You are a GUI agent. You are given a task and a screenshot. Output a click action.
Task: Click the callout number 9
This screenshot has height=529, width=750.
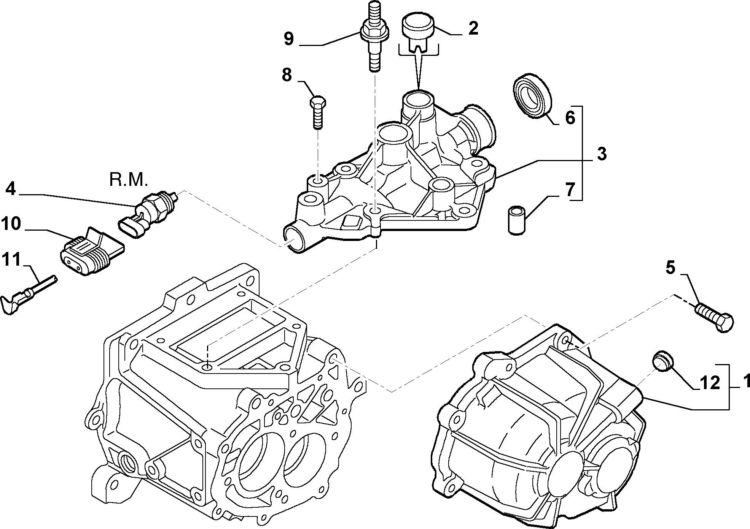coord(289,39)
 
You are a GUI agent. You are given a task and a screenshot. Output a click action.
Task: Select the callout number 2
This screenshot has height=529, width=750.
coord(473,28)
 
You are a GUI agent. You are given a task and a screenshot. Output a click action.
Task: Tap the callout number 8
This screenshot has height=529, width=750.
coord(288,76)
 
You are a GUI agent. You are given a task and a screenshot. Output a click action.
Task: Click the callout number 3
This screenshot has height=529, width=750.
coord(601,155)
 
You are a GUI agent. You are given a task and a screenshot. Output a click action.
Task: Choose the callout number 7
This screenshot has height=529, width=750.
coord(569,190)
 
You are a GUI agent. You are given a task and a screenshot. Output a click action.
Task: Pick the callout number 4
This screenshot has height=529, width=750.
coord(11,189)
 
